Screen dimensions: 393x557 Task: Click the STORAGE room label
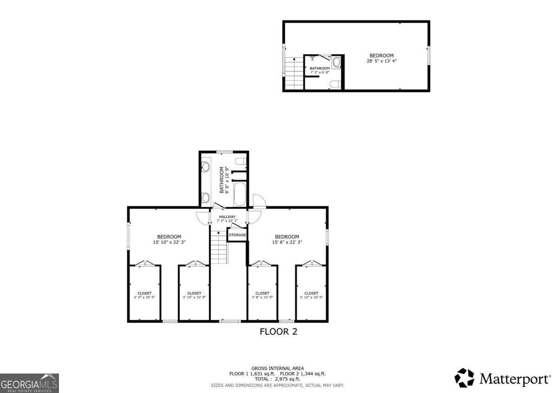coord(237,235)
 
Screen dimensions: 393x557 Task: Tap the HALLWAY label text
coord(227,216)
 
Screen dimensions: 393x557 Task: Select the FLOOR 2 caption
coord(278,332)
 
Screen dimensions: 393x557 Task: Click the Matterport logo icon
coord(464,378)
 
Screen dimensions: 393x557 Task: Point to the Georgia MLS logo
coord(29,383)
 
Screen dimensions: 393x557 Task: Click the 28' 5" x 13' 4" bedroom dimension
coord(382,61)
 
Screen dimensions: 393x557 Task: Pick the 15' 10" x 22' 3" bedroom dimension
coord(169,242)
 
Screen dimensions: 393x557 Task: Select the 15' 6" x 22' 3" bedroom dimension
coord(287,242)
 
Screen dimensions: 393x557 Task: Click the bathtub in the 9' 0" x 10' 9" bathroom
coord(240,194)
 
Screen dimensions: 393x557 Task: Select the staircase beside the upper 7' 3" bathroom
coord(294,74)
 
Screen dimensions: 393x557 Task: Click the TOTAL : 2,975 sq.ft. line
coord(278,379)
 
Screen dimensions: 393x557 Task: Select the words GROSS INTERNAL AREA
coord(278,368)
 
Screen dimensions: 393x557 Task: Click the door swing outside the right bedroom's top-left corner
coord(258,200)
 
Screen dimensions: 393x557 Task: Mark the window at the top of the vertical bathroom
coord(224,152)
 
